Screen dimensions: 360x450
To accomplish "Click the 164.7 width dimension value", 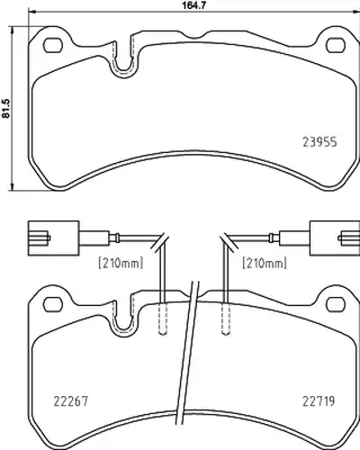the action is pos(194,5).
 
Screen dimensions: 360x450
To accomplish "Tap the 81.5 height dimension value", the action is pos(6,109).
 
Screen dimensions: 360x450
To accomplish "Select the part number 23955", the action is pos(319,142).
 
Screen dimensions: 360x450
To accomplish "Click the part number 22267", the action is pos(71,401).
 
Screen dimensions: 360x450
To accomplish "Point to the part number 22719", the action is pos(319,400).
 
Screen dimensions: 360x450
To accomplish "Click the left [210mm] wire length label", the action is pos(121,263).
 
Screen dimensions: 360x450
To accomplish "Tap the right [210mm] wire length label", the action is pos(265,263).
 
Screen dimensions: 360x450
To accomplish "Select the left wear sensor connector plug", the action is pos(54,238).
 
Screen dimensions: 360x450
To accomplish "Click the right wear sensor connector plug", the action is pos(335,238).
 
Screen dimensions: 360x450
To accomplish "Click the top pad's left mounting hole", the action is pos(53,45).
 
